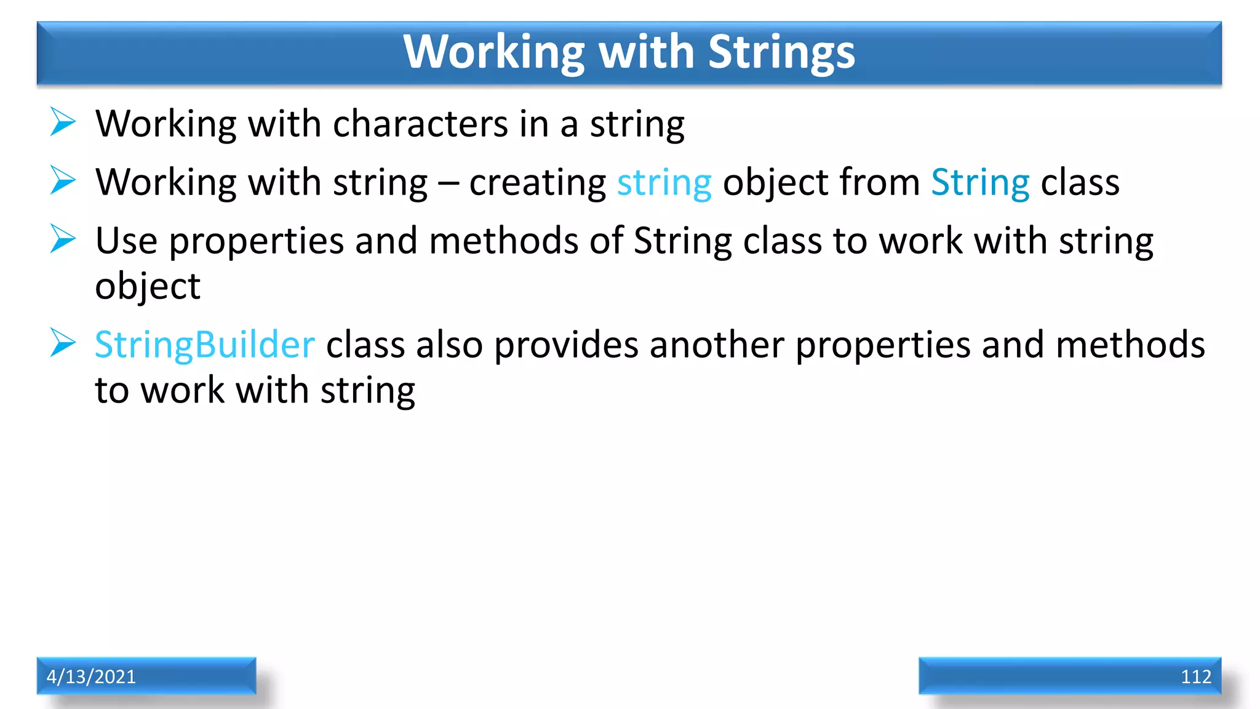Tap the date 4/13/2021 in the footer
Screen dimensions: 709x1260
(91, 676)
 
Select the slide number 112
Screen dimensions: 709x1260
(1195, 676)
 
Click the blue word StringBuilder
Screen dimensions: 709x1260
(204, 345)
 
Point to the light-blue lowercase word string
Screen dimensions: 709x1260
(664, 183)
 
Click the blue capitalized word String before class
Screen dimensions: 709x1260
(980, 183)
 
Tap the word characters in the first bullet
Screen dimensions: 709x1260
(420, 124)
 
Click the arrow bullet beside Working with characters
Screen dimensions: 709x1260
(63, 122)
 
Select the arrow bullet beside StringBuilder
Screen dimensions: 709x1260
(63, 343)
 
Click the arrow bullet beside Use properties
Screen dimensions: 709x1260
(63, 239)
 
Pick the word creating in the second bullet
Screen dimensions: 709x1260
(537, 183)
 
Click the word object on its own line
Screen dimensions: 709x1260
(148, 287)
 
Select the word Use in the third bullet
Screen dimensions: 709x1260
(126, 241)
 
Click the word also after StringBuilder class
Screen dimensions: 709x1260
(449, 345)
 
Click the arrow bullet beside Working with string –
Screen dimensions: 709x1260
(63, 180)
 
